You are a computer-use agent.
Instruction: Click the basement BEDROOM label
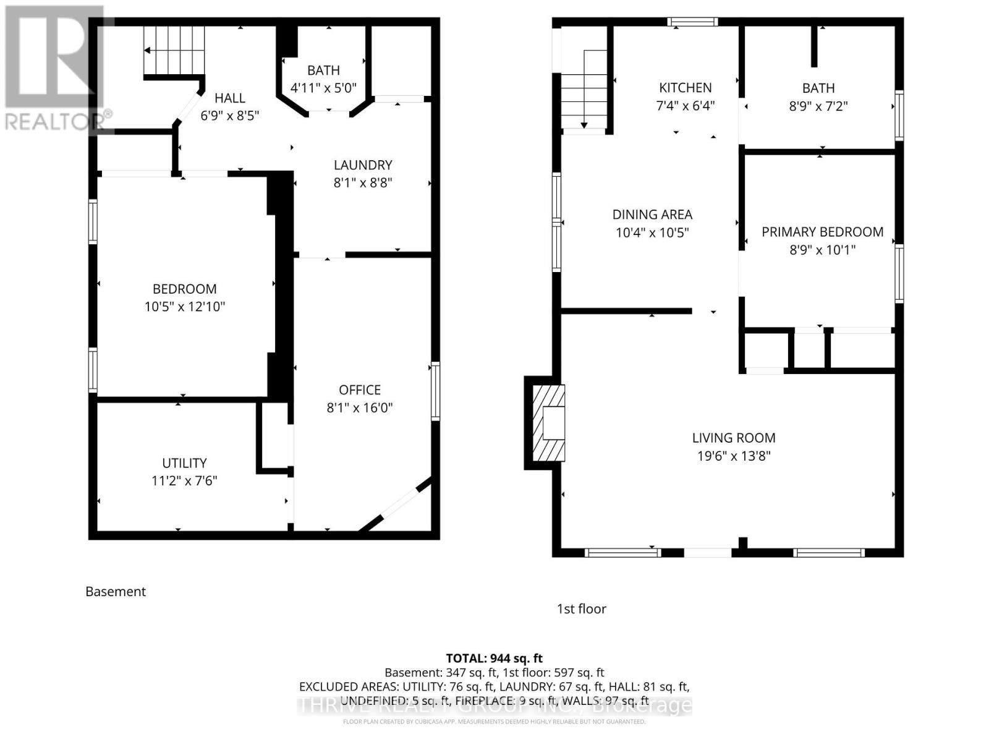(x=184, y=289)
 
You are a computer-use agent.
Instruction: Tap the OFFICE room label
(x=359, y=390)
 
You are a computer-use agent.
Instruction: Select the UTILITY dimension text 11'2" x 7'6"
(x=184, y=481)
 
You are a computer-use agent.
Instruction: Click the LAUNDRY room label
(x=363, y=165)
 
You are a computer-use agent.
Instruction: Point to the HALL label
(x=229, y=98)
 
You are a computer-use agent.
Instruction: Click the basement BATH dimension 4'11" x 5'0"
(x=323, y=88)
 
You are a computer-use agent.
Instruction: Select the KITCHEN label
(x=685, y=88)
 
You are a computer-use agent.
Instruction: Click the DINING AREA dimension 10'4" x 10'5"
(x=652, y=233)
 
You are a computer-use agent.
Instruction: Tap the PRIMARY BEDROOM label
(x=822, y=232)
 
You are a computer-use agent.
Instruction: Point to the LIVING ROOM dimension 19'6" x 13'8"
(x=733, y=456)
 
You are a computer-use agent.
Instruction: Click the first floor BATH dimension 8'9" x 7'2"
(x=818, y=106)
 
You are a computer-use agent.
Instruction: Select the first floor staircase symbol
(x=584, y=90)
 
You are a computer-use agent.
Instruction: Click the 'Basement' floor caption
(x=116, y=592)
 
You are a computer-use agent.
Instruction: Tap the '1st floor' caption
(x=581, y=609)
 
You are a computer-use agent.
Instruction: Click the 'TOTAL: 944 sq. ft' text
(x=494, y=659)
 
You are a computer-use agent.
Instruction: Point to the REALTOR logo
(x=56, y=68)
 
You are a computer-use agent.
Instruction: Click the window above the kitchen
(x=692, y=22)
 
